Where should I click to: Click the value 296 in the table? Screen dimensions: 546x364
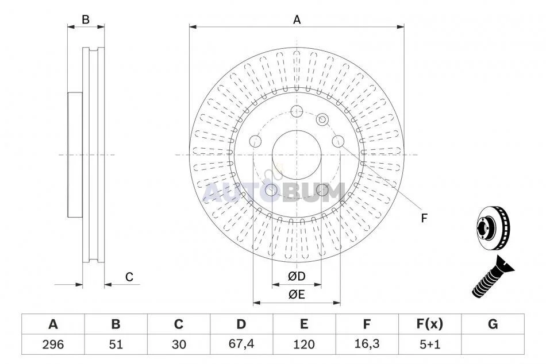pyautogui.click(x=53, y=344)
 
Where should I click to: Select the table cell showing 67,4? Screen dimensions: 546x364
pyautogui.click(x=241, y=344)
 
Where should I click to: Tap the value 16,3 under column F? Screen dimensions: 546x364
pyautogui.click(x=367, y=344)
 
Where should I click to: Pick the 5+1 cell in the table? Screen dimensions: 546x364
pyautogui.click(x=430, y=344)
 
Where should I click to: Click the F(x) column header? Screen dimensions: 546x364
pyautogui.click(x=430, y=324)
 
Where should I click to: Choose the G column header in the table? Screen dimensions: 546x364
pyautogui.click(x=493, y=324)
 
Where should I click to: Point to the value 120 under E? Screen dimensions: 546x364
pyautogui.click(x=304, y=344)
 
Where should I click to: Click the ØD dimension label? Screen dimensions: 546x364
pyautogui.click(x=297, y=276)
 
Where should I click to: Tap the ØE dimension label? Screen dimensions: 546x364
pyautogui.click(x=297, y=295)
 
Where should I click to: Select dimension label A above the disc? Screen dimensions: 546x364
pyautogui.click(x=297, y=20)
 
